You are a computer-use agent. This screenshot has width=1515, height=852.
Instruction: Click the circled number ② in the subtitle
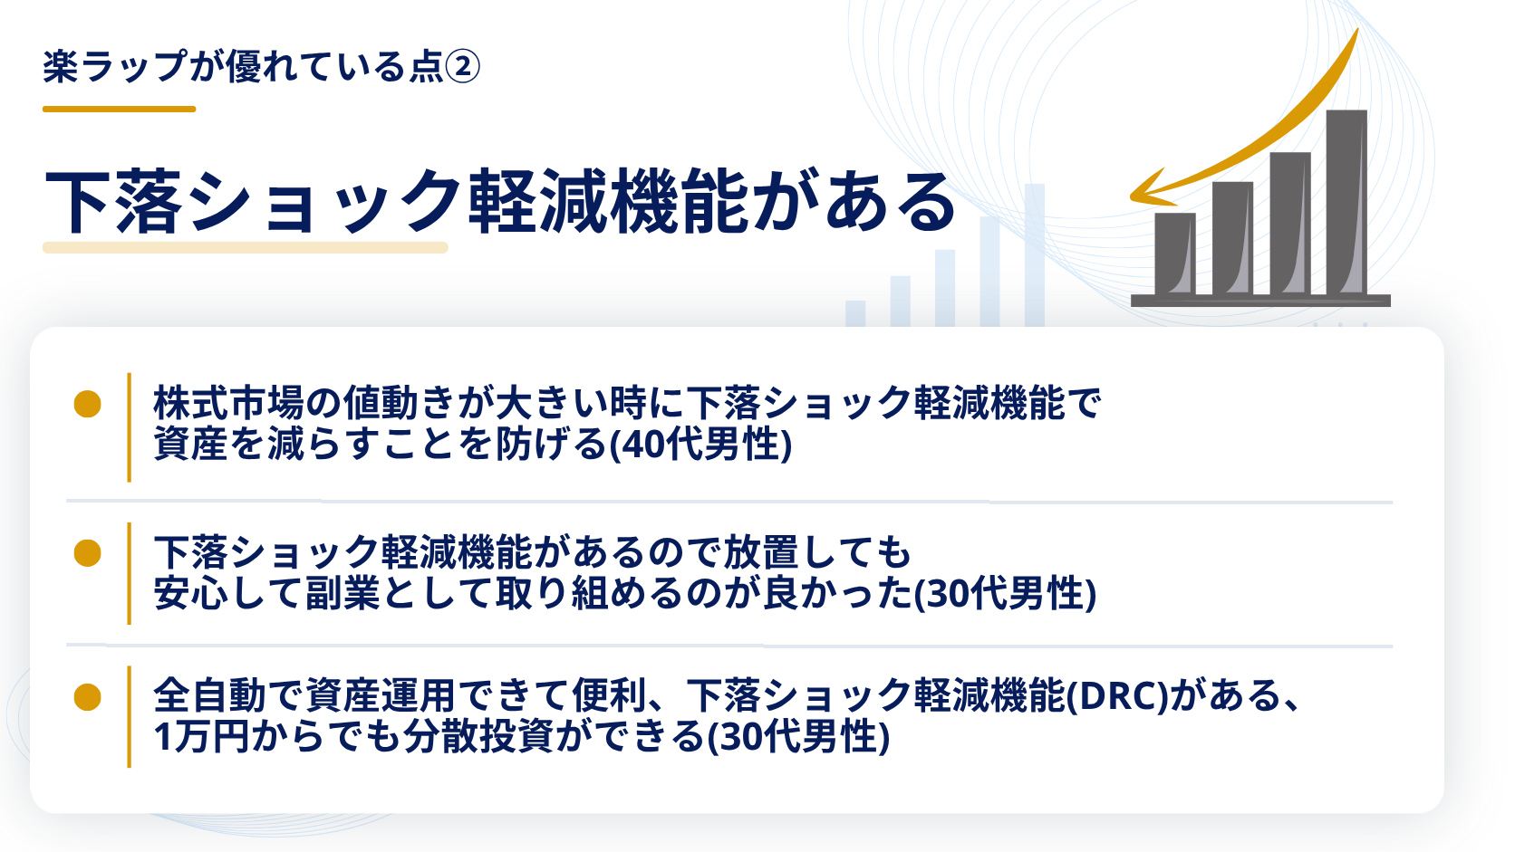pyautogui.click(x=463, y=68)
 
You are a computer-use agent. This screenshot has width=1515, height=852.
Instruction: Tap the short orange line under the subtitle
pyautogui.click(x=119, y=109)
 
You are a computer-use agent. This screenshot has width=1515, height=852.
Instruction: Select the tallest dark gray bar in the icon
pyautogui.click(x=1346, y=203)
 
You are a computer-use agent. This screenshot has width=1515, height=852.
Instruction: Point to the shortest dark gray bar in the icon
pyautogui.click(x=1175, y=254)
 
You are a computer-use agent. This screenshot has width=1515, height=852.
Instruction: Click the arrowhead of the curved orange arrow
pyautogui.click(x=1150, y=189)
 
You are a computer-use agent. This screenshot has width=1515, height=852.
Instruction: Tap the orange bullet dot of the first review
pyautogui.click(x=87, y=404)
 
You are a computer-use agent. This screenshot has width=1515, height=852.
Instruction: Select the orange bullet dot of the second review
pyautogui.click(x=87, y=552)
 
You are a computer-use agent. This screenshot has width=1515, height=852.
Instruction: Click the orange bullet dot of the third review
pyautogui.click(x=87, y=697)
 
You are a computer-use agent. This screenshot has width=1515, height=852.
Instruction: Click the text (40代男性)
pyautogui.click(x=700, y=445)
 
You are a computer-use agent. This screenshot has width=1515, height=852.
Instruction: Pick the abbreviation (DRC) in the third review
pyautogui.click(x=1117, y=696)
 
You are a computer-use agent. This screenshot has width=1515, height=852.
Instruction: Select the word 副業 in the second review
pyautogui.click(x=343, y=594)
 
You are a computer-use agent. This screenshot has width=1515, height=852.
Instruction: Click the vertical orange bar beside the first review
pyautogui.click(x=130, y=427)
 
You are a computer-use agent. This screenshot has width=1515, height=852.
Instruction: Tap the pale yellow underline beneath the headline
pyautogui.click(x=246, y=247)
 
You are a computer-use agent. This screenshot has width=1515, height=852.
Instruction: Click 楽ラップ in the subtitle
pyautogui.click(x=114, y=68)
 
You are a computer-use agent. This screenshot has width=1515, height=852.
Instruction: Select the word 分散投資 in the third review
pyautogui.click(x=478, y=736)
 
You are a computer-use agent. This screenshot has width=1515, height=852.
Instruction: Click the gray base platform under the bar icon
pyautogui.click(x=1260, y=301)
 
